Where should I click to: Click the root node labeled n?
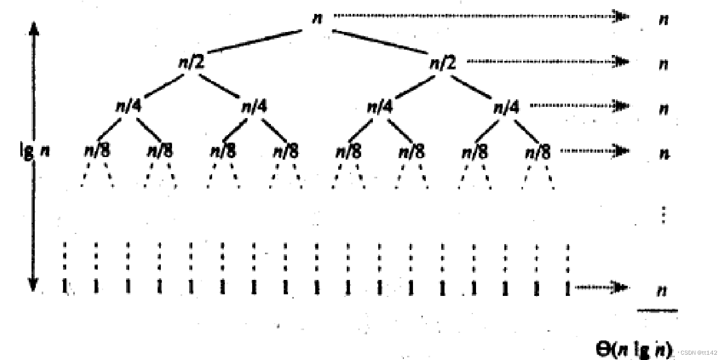pyautogui.click(x=317, y=17)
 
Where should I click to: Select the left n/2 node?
pyautogui.click(x=191, y=63)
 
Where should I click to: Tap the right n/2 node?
pyautogui.click(x=443, y=64)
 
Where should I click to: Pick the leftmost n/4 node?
pyautogui.click(x=129, y=107)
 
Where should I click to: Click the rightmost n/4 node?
pyautogui.click(x=506, y=107)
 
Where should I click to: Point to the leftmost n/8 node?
pyautogui.click(x=97, y=152)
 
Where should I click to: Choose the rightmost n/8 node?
pyautogui.click(x=537, y=152)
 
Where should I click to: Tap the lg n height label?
pyautogui.click(x=33, y=151)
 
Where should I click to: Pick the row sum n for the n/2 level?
pyautogui.click(x=664, y=64)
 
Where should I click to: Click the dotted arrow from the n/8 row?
pyautogui.click(x=594, y=151)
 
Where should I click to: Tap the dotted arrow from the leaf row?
pyautogui.click(x=601, y=288)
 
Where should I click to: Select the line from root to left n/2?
pyautogui.click(x=255, y=42)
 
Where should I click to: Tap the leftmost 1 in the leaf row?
pyautogui.click(x=65, y=287)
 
